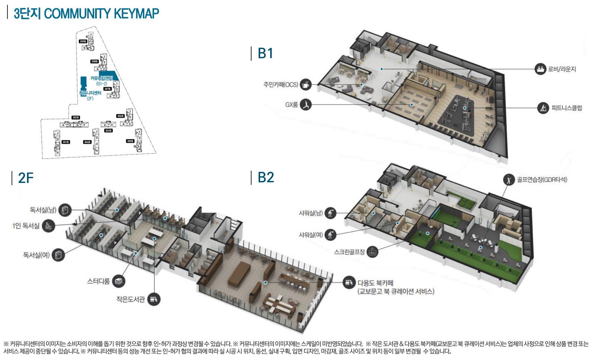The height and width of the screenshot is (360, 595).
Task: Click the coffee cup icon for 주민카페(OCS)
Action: (306, 84)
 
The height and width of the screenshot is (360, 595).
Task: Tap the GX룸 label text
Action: (291, 105)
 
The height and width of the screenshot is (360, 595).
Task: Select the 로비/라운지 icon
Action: (540, 69)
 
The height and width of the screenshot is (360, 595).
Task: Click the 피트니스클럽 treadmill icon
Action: (543, 108)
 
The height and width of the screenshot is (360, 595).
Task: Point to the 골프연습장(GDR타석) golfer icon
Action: (508, 180)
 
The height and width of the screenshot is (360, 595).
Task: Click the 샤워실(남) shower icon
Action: (330, 213)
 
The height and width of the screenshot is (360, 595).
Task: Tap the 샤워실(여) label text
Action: (311, 235)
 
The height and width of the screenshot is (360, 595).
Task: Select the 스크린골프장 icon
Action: (372, 252)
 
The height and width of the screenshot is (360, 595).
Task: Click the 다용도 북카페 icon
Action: (349, 283)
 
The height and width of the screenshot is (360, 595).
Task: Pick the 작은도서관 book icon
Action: (154, 299)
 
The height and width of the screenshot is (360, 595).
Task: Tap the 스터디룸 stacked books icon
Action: (119, 281)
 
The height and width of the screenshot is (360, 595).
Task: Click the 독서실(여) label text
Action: (36, 255)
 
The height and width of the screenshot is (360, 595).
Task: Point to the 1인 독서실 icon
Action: (48, 225)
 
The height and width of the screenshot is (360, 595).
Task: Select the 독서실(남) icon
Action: (65, 210)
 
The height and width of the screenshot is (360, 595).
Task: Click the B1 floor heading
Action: (266, 53)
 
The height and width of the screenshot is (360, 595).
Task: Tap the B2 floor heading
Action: (266, 177)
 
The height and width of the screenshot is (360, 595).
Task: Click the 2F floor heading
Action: (26, 178)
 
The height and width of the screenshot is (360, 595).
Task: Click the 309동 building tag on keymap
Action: (83, 41)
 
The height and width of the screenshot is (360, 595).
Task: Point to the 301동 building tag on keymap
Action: (65, 142)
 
